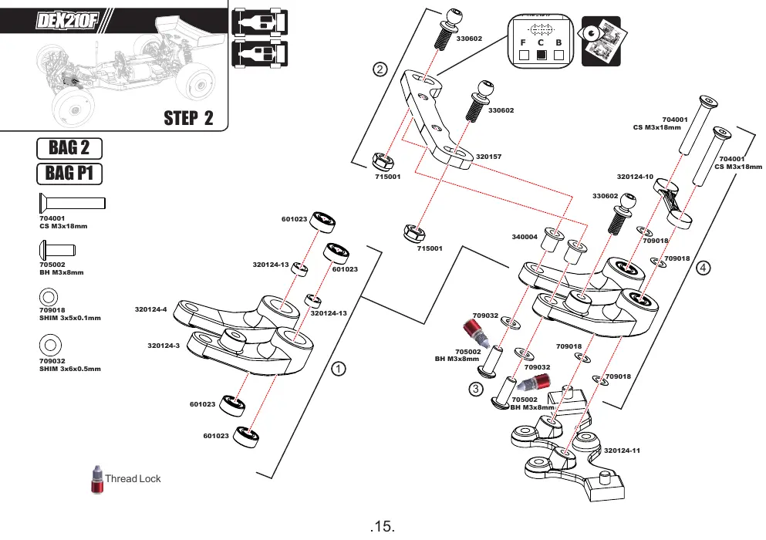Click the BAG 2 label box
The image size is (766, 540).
pyautogui.click(x=69, y=149)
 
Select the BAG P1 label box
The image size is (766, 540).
pyautogui.click(x=69, y=174)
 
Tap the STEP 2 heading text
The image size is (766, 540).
pyautogui.click(x=188, y=118)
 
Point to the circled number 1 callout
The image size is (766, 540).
pyautogui.click(x=339, y=369)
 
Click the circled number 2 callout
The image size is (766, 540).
pyautogui.click(x=380, y=69)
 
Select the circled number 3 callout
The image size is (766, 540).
pyautogui.click(x=476, y=389)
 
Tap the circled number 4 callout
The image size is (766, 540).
pyautogui.click(x=703, y=268)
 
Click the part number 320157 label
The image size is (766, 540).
pyautogui.click(x=488, y=157)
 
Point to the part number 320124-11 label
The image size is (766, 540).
pyautogui.click(x=622, y=451)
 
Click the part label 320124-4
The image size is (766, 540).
pyautogui.click(x=151, y=309)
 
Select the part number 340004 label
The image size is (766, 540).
pyautogui.click(x=525, y=237)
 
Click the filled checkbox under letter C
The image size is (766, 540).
pyautogui.click(x=542, y=56)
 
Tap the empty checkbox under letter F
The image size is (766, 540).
pyautogui.click(x=524, y=56)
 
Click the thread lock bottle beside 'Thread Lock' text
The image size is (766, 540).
pyautogui.click(x=97, y=479)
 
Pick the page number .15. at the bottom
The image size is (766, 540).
pyautogui.click(x=383, y=526)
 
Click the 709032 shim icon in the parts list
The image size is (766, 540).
pyautogui.click(x=50, y=345)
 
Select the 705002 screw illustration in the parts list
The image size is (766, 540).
pyautogui.click(x=57, y=250)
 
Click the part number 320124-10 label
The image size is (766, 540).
pyautogui.click(x=635, y=177)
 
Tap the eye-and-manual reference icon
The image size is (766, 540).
pyautogui.click(x=601, y=41)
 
